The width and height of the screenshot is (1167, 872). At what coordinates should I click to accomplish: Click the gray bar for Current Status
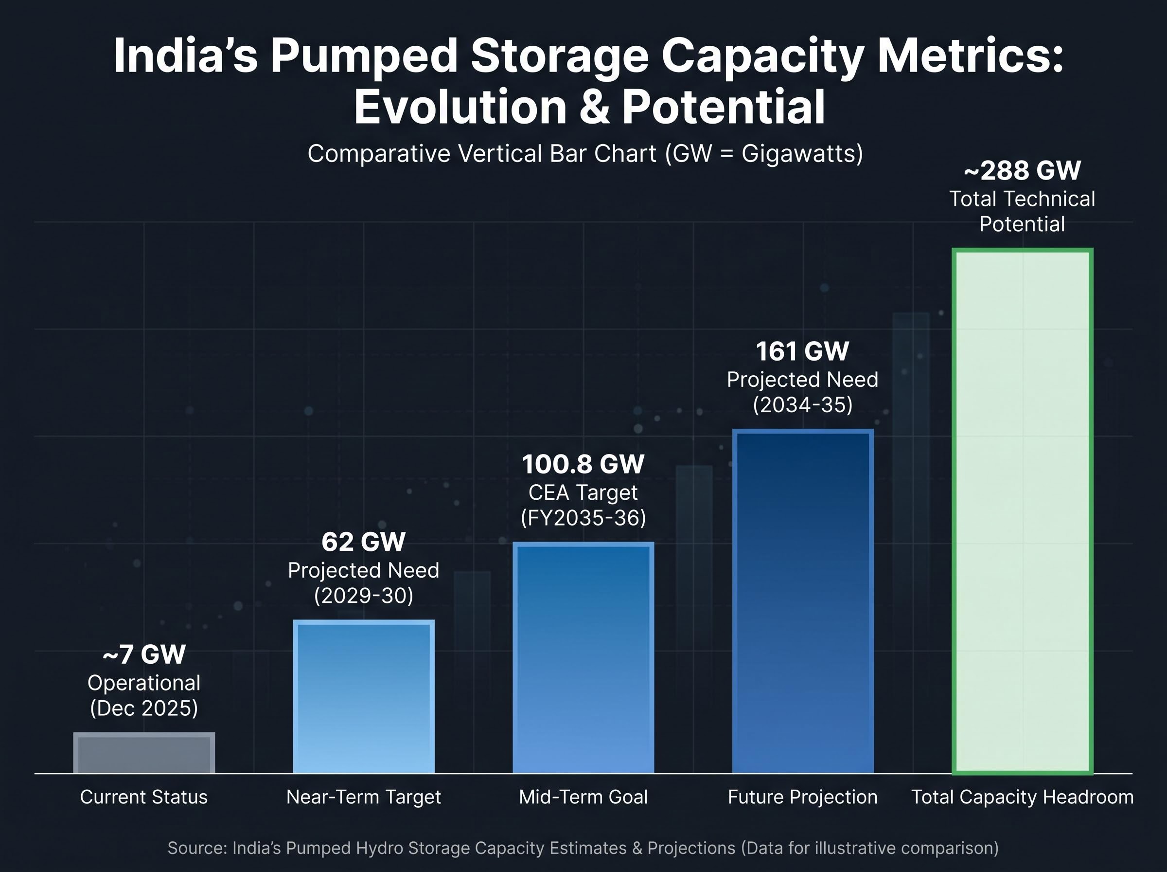coord(144,753)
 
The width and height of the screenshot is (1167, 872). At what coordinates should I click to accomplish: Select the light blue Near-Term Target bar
coord(364,697)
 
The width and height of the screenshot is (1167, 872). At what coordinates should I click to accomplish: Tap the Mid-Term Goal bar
coord(583,658)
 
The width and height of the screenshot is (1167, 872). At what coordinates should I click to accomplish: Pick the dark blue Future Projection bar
coord(803,601)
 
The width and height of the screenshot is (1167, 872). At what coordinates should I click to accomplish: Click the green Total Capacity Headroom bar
coord(1023,511)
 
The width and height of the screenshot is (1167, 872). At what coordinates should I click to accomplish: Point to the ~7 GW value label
coord(144,654)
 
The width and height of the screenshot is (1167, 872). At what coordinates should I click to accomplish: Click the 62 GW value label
coord(363,542)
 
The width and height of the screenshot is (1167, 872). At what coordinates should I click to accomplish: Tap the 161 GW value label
coord(803,351)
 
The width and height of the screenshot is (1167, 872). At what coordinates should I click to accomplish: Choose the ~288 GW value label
coord(1023,170)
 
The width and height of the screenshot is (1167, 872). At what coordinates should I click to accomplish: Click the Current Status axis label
coord(144,797)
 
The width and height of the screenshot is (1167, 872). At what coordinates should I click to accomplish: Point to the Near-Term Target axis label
coord(363,797)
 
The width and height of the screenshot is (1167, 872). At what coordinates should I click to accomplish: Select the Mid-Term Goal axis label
coord(583,797)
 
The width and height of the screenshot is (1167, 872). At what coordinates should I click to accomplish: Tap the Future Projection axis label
coord(803,797)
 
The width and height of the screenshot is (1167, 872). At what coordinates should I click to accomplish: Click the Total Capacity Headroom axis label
coord(1023,797)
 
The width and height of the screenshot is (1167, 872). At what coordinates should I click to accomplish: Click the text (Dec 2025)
coord(144,708)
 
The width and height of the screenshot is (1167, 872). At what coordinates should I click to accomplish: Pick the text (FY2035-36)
coord(583,518)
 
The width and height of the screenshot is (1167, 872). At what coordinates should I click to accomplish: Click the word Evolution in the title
coord(460,107)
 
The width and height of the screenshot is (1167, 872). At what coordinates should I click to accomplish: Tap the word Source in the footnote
coord(197,848)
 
